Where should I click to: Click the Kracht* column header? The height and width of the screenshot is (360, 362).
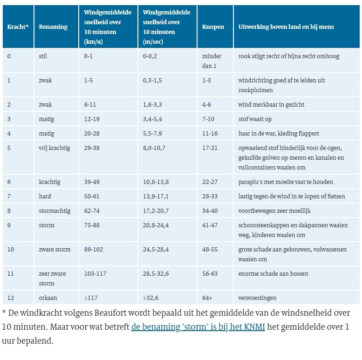(x=18, y=27)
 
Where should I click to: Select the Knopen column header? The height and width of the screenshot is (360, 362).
(x=213, y=27)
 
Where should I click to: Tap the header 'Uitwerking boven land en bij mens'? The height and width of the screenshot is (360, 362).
(x=286, y=27)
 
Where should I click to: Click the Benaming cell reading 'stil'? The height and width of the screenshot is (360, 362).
(x=43, y=56)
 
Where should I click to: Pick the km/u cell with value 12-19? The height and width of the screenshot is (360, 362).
(x=92, y=119)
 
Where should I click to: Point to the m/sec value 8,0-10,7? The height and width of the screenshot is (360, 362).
(x=154, y=148)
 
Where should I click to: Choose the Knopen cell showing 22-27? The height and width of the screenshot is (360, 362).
(x=210, y=182)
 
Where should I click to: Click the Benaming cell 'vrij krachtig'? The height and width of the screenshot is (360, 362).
(x=54, y=148)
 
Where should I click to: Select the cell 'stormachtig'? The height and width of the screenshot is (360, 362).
(x=55, y=211)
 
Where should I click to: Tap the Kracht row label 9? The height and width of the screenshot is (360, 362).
(x=9, y=225)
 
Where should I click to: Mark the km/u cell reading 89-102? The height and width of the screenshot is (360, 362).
(x=93, y=250)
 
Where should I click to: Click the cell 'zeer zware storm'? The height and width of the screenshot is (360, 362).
(x=52, y=278)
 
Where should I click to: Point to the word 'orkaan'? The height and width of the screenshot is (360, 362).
(x=48, y=298)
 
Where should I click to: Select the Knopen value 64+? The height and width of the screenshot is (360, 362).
(x=207, y=298)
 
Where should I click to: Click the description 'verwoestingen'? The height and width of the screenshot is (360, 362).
(x=257, y=298)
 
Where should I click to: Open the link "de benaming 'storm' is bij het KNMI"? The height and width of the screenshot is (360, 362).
(x=198, y=327)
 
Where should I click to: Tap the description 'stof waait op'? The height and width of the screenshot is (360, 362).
(x=255, y=119)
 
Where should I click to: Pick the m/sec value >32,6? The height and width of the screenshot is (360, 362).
(x=150, y=298)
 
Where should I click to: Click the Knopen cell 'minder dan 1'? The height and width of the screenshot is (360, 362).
(x=212, y=61)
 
